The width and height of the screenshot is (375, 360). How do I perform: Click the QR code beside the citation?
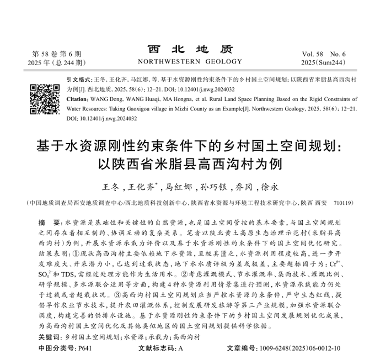coord(44,99)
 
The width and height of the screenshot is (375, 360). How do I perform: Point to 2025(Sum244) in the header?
coord(324,64)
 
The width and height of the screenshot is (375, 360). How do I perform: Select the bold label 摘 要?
coord(46,221)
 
